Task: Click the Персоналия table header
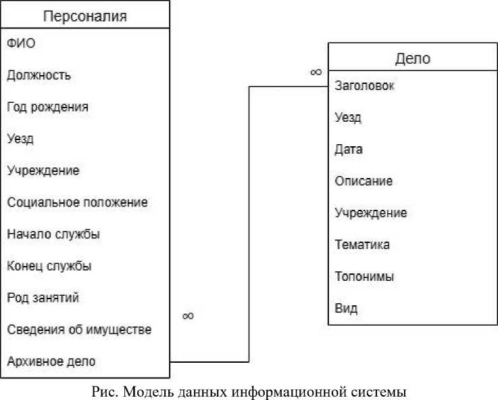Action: click(x=84, y=16)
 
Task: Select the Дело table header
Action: click(x=412, y=59)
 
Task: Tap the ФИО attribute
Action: click(x=20, y=43)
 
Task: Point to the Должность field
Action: click(x=39, y=75)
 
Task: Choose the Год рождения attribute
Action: click(x=47, y=107)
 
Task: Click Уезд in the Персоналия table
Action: click(x=20, y=139)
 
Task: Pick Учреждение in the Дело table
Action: click(x=370, y=213)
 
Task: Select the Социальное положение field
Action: click(x=77, y=202)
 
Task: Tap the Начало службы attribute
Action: click(x=53, y=234)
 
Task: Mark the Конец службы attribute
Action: click(x=49, y=266)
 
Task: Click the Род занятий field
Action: click(x=43, y=298)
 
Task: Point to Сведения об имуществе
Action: click(x=79, y=330)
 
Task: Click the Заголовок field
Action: click(x=365, y=86)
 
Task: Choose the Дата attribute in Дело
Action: click(x=349, y=150)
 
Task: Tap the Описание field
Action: click(x=364, y=181)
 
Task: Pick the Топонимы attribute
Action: click(x=364, y=277)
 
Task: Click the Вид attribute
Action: click(x=346, y=309)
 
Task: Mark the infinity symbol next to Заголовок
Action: click(x=316, y=72)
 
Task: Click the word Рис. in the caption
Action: click(x=101, y=391)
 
